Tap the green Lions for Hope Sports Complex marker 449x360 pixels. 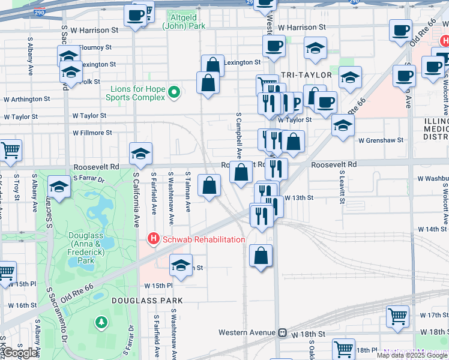(x=174, y=92)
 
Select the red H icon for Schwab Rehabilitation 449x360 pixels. (x=153, y=239)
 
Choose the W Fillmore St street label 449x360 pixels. (x=92, y=133)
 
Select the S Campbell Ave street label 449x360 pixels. (x=239, y=134)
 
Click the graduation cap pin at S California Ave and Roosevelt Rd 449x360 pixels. (x=140, y=154)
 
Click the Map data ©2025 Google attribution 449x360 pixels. (x=412, y=355)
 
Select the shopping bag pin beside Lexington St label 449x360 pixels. (x=212, y=65)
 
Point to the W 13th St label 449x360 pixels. (x=300, y=197)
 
